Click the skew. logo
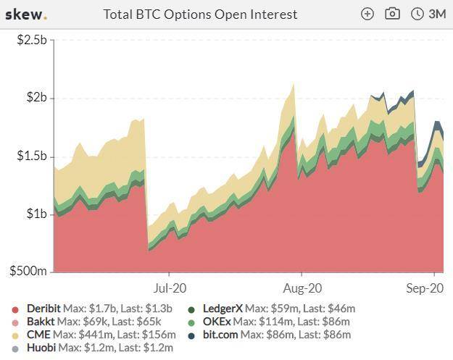pyautogui.click(x=26, y=14)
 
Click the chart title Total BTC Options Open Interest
pyautogui.click(x=200, y=14)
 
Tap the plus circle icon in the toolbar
pyautogui.click(x=367, y=14)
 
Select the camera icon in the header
pyautogui.click(x=392, y=14)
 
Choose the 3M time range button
pyautogui.click(x=428, y=14)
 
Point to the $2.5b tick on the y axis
pyautogui.click(x=32, y=40)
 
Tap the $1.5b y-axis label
pyautogui.click(x=32, y=156)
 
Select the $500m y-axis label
pyautogui.click(x=30, y=271)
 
